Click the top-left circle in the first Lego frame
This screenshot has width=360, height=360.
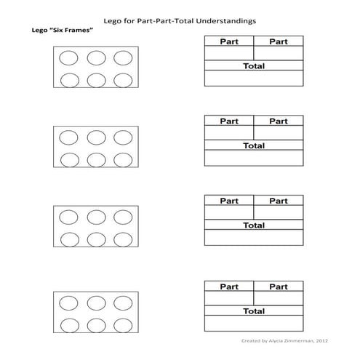[x=68, y=57]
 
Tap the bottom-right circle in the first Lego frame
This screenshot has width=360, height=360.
[x=122, y=81]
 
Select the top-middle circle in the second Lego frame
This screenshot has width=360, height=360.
[x=95, y=137]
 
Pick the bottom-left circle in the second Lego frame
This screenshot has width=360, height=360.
[x=68, y=160]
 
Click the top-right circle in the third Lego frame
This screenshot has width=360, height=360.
[x=122, y=216]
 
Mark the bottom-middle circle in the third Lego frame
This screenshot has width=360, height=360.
[x=95, y=239]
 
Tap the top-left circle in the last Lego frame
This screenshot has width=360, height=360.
[x=68, y=301]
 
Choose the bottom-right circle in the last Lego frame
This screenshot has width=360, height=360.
[x=122, y=324]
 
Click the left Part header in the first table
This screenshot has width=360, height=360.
[x=229, y=42]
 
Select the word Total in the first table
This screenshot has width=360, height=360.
[x=254, y=66]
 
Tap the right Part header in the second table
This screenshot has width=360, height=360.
[x=279, y=121]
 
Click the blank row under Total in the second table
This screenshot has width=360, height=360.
[x=254, y=158]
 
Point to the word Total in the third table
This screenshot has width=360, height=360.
[x=254, y=225]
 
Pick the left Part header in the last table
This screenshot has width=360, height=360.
[x=229, y=287]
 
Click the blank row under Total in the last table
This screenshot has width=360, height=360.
[x=254, y=324]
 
